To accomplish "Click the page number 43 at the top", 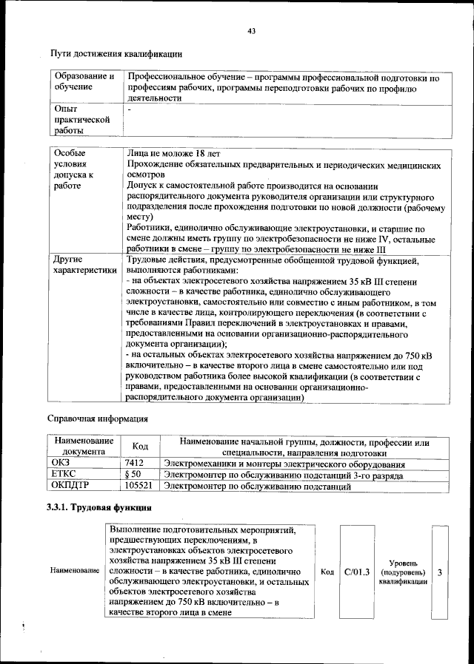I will (x=251, y=30).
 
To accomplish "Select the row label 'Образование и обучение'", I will (x=84, y=81).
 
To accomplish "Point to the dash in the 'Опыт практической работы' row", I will (x=130, y=109).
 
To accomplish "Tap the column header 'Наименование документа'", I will (x=84, y=447).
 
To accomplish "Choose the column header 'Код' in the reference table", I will (x=140, y=447).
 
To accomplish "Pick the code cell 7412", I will (x=135, y=463).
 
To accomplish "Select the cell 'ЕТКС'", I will (x=64, y=475).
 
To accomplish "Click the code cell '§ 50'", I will (x=134, y=475).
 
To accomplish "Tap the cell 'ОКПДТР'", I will (x=70, y=487).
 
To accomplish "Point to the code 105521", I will (x=139, y=487).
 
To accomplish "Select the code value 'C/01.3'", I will (x=357, y=572).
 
